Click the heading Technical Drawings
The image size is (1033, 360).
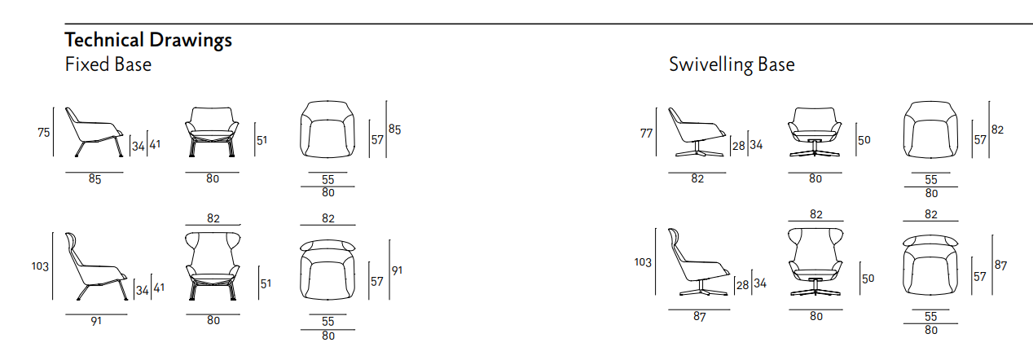pyautogui.click(x=148, y=40)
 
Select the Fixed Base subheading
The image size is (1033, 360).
pyautogui.click(x=108, y=64)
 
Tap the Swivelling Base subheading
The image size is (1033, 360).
pyautogui.click(x=732, y=64)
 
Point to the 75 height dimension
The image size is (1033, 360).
pyautogui.click(x=44, y=132)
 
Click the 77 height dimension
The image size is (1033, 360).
pyautogui.click(x=647, y=132)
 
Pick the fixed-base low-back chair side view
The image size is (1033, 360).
pyautogui.click(x=95, y=132)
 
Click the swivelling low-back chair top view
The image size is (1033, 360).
pyautogui.click(x=931, y=130)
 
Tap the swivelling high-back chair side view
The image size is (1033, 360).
pyautogui.click(x=699, y=265)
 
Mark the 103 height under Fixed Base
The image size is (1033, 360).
pyautogui.click(x=41, y=266)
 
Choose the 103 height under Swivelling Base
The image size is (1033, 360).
pyautogui.click(x=644, y=262)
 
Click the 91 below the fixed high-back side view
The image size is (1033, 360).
pyautogui.click(x=96, y=321)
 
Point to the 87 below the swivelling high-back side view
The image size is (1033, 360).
pyautogui.click(x=699, y=317)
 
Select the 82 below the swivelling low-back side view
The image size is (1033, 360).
pyautogui.click(x=697, y=179)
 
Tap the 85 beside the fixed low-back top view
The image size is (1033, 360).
pyautogui.click(x=395, y=129)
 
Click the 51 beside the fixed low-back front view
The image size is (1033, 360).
pyautogui.click(x=262, y=140)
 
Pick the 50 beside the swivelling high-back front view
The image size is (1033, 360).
pyautogui.click(x=868, y=278)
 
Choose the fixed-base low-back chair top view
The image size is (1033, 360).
pyautogui.click(x=328, y=130)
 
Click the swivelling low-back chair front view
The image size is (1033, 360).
pyautogui.click(x=815, y=133)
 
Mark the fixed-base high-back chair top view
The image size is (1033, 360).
pyautogui.click(x=328, y=269)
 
